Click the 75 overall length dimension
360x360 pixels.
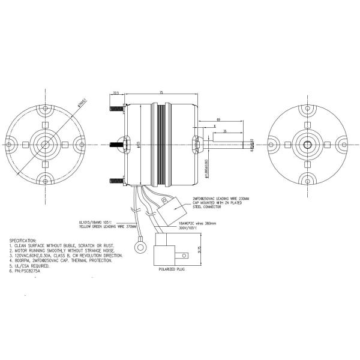(161, 92)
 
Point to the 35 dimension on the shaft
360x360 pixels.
(224, 131)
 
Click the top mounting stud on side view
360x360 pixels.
(115, 109)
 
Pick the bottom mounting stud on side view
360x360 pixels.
(115, 179)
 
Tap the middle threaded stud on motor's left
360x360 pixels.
(116, 144)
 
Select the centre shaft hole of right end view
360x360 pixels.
(307, 144)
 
